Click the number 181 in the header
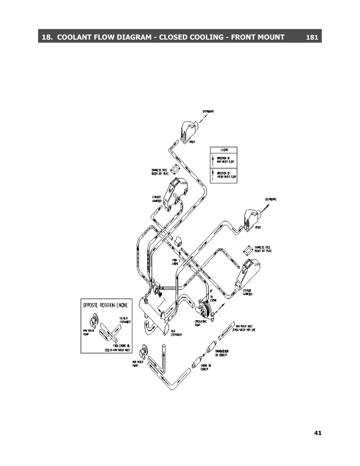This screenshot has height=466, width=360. click(x=312, y=37)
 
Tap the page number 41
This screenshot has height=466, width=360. click(x=318, y=433)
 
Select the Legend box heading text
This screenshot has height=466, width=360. click(x=224, y=150)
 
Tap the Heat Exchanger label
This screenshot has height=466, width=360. click(x=176, y=333)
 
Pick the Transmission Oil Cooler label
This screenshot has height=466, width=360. click(x=222, y=353)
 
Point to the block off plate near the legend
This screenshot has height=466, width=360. click(x=175, y=169)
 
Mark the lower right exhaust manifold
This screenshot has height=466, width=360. click(x=247, y=274)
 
